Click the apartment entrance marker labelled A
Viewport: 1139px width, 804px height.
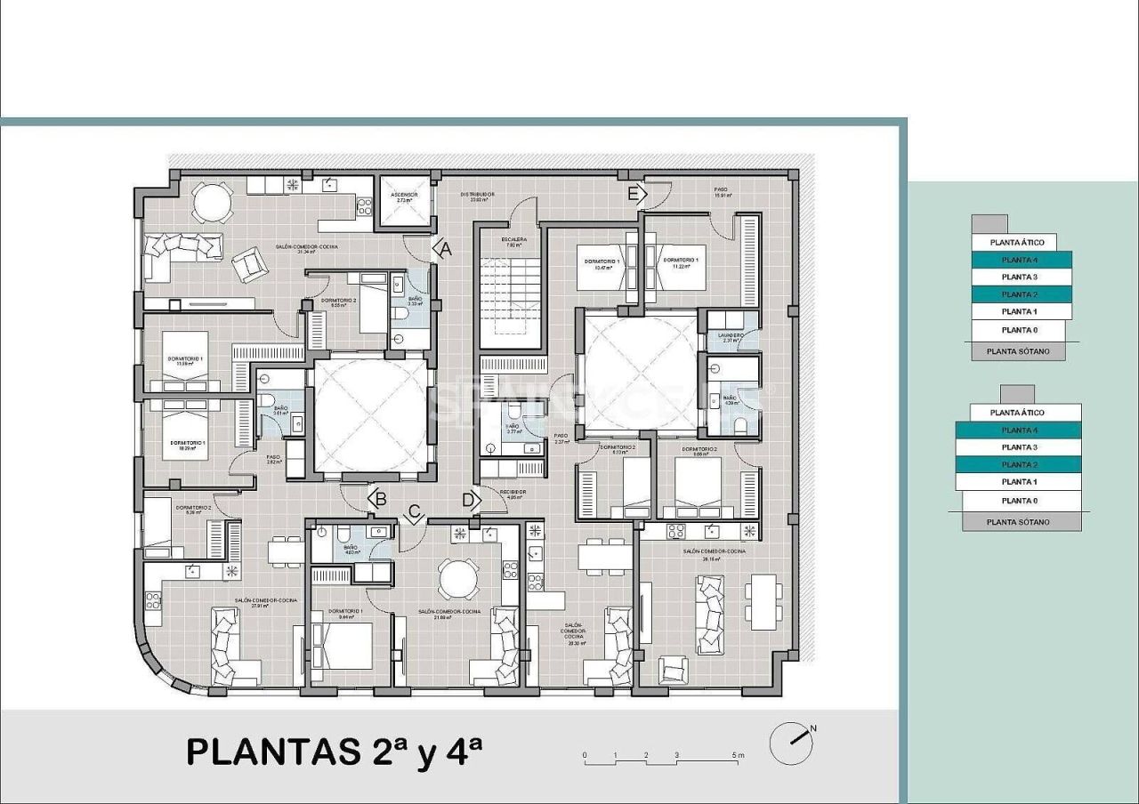(x=444, y=250)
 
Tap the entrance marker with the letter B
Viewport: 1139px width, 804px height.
(x=378, y=500)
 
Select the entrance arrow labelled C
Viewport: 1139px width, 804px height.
(x=413, y=512)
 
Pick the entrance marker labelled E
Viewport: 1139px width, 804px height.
(x=634, y=195)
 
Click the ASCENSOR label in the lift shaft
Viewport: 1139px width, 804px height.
(x=404, y=195)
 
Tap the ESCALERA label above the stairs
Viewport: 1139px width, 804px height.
(x=513, y=239)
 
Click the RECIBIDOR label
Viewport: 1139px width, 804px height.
(x=512, y=492)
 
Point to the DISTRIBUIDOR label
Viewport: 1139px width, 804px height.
(x=477, y=194)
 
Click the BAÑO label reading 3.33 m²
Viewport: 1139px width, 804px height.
(x=415, y=299)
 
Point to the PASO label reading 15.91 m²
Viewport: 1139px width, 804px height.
(x=722, y=190)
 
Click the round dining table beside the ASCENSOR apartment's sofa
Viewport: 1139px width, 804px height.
(x=211, y=202)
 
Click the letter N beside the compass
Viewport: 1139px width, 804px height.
(x=813, y=728)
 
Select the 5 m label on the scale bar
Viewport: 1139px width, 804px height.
(x=738, y=755)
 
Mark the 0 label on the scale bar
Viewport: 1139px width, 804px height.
(x=585, y=755)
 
